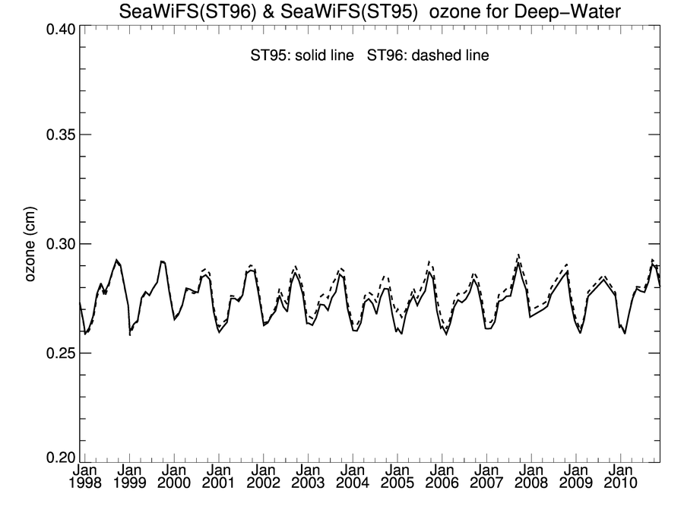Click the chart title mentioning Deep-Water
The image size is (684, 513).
(370, 11)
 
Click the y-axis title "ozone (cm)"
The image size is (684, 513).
(31, 244)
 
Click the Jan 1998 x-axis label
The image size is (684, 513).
(84, 477)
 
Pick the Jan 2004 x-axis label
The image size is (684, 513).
(353, 477)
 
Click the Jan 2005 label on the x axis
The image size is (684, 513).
(397, 477)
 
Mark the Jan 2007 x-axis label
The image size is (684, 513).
(486, 477)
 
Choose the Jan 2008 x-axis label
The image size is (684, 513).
(531, 477)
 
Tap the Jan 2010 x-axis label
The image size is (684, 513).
(620, 477)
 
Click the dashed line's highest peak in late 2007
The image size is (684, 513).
(518, 255)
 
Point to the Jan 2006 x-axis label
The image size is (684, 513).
(442, 477)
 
